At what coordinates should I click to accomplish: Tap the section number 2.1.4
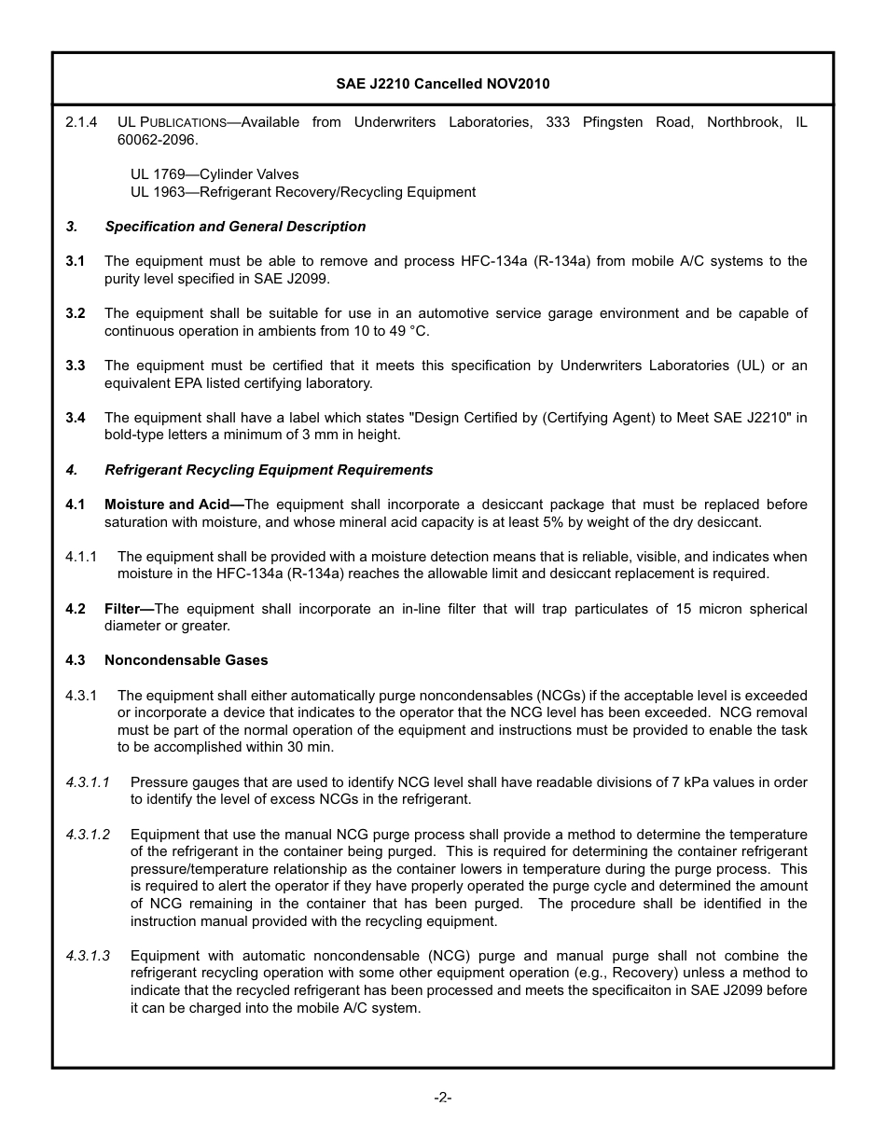(81, 122)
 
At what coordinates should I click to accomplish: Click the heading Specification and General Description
(235, 227)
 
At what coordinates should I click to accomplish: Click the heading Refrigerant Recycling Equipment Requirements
(269, 470)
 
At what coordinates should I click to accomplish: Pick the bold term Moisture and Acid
(173, 504)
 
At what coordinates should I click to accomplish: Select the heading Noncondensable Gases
(186, 660)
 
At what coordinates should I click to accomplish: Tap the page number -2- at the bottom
(443, 1098)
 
